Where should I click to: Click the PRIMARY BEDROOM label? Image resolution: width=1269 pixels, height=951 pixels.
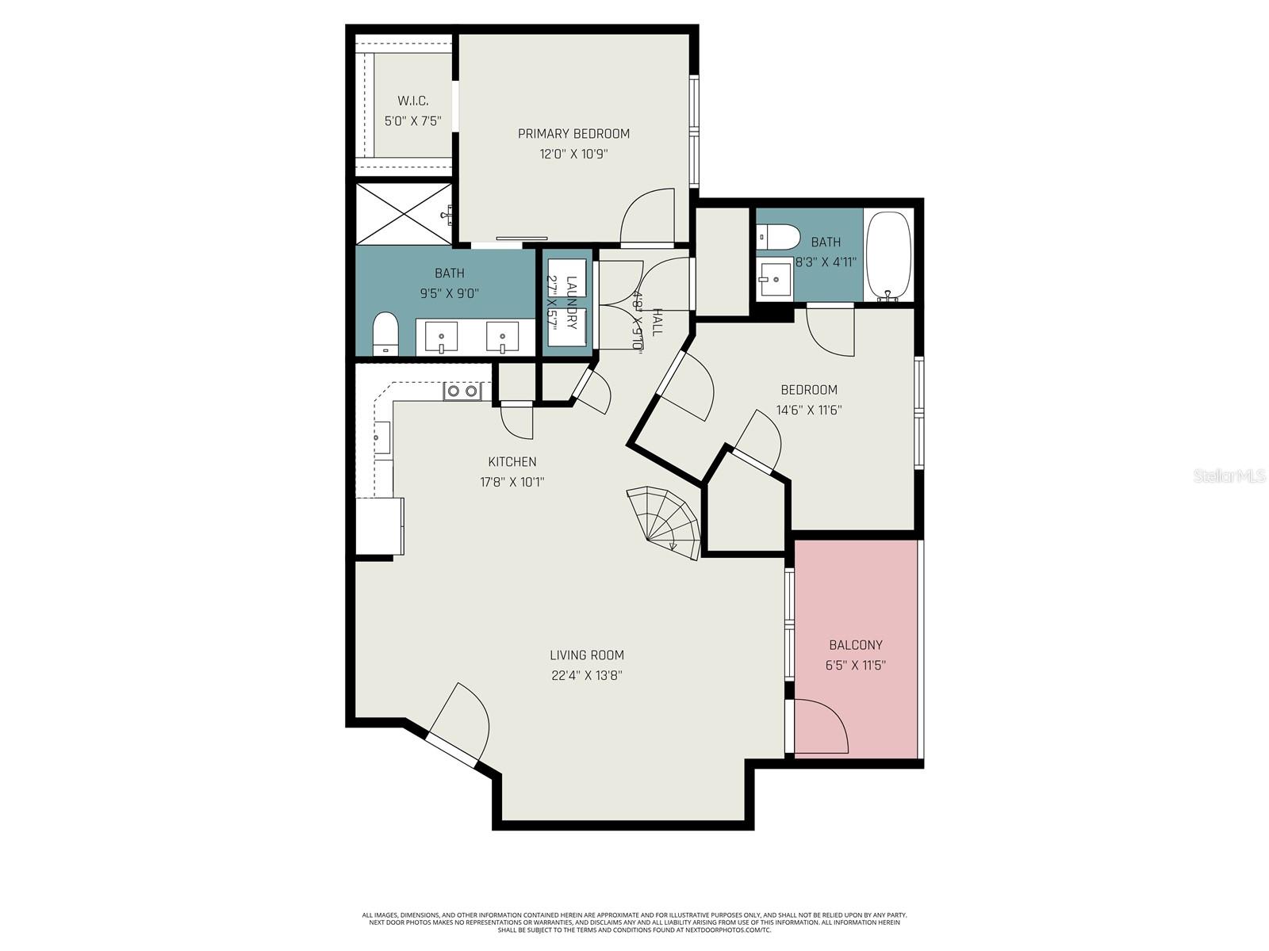(x=573, y=133)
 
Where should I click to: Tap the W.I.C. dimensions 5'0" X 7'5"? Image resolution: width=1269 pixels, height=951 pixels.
(x=412, y=121)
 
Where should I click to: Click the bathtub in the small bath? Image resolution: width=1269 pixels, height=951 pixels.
(x=888, y=255)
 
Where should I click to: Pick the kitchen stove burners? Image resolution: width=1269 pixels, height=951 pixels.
(x=462, y=391)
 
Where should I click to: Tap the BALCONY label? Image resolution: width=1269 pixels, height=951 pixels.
(x=855, y=645)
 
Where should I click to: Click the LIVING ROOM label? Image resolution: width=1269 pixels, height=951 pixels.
(x=587, y=655)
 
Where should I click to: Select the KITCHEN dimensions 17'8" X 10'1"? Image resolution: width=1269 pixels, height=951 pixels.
(x=512, y=482)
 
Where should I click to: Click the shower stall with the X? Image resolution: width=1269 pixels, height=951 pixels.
(x=403, y=213)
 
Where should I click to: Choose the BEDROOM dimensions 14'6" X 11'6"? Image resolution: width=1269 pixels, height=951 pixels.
(x=808, y=410)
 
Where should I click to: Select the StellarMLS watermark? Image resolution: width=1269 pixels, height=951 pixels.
(x=1230, y=476)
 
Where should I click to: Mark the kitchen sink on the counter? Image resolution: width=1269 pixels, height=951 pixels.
(x=382, y=437)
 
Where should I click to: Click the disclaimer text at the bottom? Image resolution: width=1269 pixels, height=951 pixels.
(x=634, y=922)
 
